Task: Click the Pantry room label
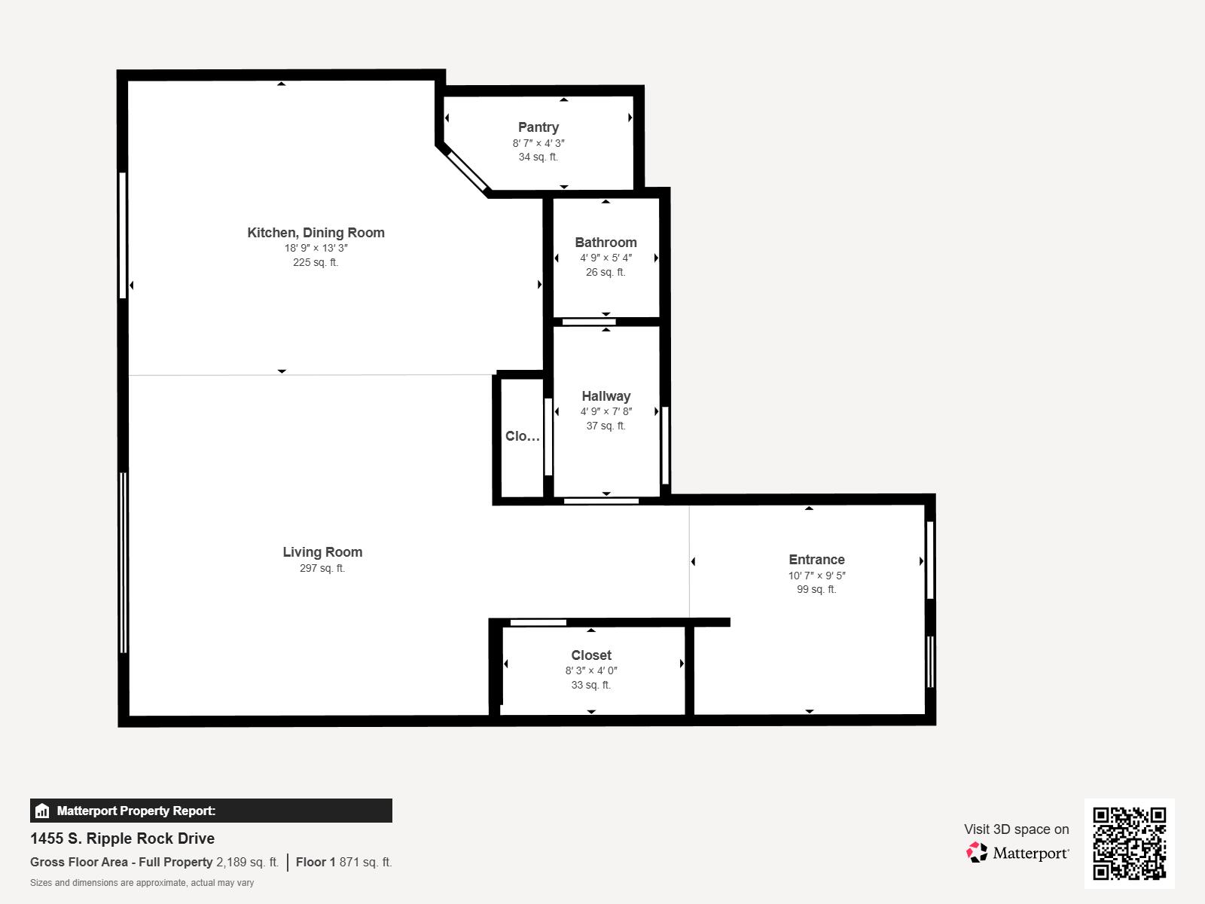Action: click(538, 127)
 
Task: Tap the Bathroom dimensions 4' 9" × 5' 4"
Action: click(606, 258)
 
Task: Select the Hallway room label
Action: click(606, 396)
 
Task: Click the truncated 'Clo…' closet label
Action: click(522, 436)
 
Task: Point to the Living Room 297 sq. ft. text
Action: click(322, 569)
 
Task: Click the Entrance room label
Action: click(816, 560)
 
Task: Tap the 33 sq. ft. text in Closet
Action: click(590, 685)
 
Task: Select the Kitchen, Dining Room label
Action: click(316, 233)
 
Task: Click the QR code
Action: click(1129, 843)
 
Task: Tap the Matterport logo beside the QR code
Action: click(1017, 853)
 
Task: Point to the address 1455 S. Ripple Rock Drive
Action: click(122, 838)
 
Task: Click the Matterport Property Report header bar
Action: click(211, 811)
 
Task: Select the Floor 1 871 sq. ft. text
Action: click(343, 862)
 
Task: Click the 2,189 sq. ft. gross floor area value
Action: click(247, 862)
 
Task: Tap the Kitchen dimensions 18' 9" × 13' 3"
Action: click(316, 248)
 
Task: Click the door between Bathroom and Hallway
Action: click(589, 322)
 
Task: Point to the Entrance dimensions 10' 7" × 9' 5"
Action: click(816, 576)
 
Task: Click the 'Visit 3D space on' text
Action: click(1016, 829)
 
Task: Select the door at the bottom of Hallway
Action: click(601, 501)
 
